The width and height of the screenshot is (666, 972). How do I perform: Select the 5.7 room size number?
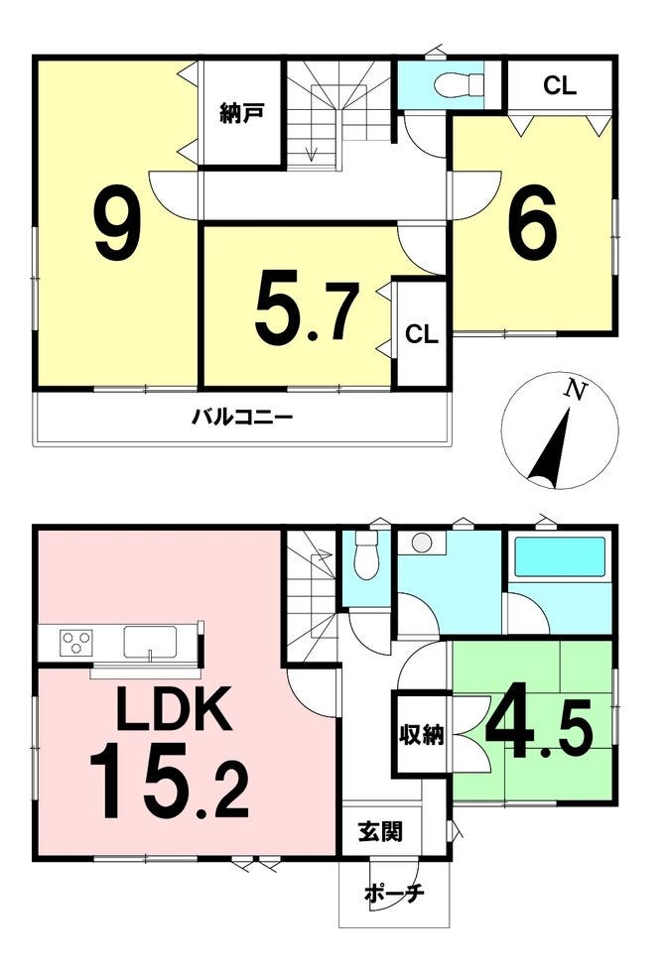tap(307, 310)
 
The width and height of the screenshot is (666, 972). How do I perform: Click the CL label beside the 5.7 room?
tap(422, 335)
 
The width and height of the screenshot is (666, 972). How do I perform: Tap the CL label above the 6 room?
tap(560, 85)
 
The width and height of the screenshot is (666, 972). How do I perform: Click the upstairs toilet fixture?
tap(460, 85)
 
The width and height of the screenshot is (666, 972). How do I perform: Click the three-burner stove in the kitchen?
tap(75, 642)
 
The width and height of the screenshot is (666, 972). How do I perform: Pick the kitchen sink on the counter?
tap(150, 642)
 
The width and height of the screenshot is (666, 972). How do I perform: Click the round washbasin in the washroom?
tap(422, 544)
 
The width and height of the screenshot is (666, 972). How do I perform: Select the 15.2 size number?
tap(169, 783)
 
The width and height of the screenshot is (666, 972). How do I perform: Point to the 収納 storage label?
tap(421, 735)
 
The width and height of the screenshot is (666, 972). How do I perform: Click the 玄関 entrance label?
tap(381, 831)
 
